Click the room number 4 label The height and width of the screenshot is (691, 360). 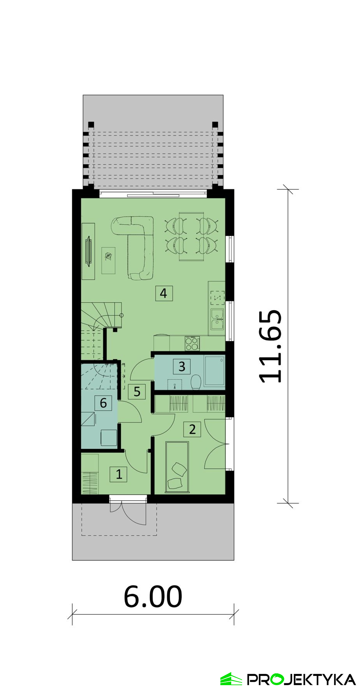click(164, 293)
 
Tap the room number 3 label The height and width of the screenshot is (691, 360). click(182, 366)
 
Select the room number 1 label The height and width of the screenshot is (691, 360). click(119, 474)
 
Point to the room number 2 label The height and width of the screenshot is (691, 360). click(192, 429)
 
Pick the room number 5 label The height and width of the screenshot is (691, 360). click(137, 391)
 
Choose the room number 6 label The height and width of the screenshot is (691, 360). click(103, 403)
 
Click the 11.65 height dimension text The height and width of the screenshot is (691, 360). click(270, 346)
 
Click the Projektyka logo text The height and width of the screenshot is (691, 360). click(301, 680)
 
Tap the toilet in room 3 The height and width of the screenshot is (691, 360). click(196, 381)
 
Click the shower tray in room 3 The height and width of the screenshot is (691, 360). click(215, 371)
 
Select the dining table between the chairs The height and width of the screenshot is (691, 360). click(192, 236)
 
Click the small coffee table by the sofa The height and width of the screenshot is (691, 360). click(109, 260)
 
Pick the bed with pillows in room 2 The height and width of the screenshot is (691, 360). click(177, 467)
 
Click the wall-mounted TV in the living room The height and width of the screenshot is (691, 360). click(89, 251)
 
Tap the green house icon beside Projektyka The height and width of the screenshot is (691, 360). click(231, 679)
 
